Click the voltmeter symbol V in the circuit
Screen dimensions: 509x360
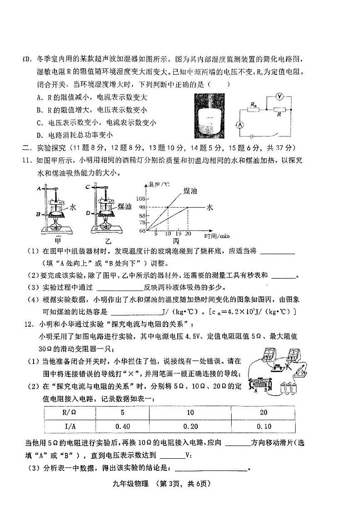pyautogui.click(x=280, y=97)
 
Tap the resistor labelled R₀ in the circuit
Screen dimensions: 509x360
pyautogui.click(x=253, y=109)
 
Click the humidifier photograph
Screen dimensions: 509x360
pyautogui.click(x=209, y=116)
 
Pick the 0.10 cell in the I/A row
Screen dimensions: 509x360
pyautogui.click(x=263, y=426)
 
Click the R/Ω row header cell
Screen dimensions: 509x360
pyautogui.click(x=70, y=412)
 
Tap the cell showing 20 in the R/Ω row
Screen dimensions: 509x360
pyautogui.click(x=263, y=412)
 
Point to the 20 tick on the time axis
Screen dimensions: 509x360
pyautogui.click(x=188, y=234)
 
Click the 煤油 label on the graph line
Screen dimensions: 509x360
pyautogui.click(x=190, y=191)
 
